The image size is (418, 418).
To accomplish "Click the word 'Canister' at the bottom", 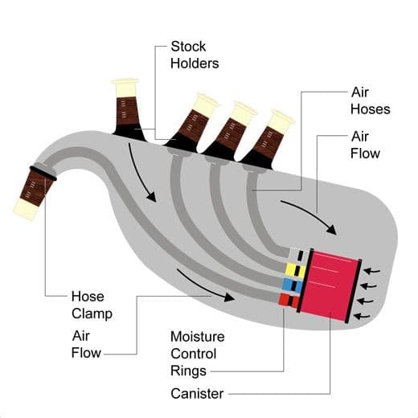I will coord(197,394).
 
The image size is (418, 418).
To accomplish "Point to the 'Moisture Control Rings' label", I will coord(197,354).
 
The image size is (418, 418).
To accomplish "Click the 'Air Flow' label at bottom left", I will coord(86,344).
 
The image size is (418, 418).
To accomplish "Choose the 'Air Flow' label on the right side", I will coord(367,145).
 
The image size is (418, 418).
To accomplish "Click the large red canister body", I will coord(330,285).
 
